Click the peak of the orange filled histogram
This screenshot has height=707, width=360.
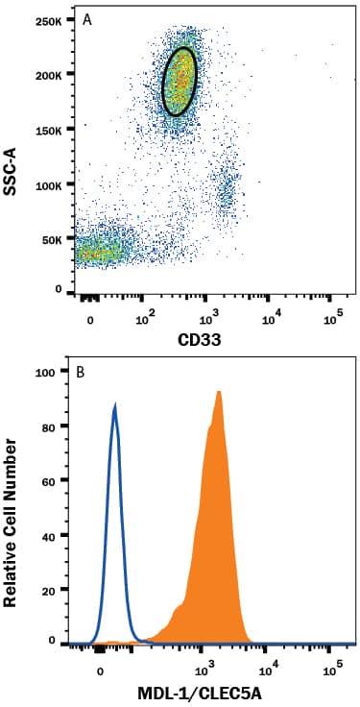pos(220,392)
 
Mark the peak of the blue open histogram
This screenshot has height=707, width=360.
pos(115,406)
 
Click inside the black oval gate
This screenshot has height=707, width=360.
pos(180,82)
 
